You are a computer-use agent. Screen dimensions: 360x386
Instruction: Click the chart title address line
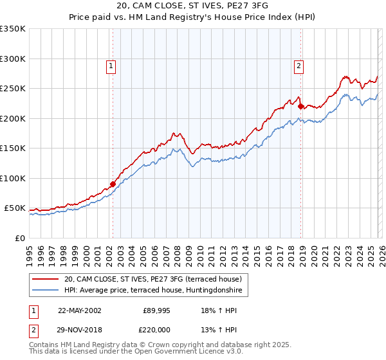pyautogui.click(x=193, y=6)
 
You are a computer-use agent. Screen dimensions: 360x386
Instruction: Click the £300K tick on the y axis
pyautogui.click(x=12, y=59)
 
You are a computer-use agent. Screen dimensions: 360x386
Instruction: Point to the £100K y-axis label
pyautogui.click(x=12, y=178)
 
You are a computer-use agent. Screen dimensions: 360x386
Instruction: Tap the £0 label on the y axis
pyautogui.click(x=19, y=238)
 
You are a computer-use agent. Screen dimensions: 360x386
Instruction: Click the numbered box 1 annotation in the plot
pyautogui.click(x=111, y=65)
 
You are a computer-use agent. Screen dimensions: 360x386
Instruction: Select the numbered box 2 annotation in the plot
pyautogui.click(x=300, y=65)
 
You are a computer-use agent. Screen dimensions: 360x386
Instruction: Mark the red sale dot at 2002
pyautogui.click(x=113, y=184)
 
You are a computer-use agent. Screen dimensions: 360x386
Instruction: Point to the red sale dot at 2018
pyautogui.click(x=300, y=106)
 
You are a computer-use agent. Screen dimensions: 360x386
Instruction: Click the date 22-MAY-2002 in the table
pyautogui.click(x=80, y=310)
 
